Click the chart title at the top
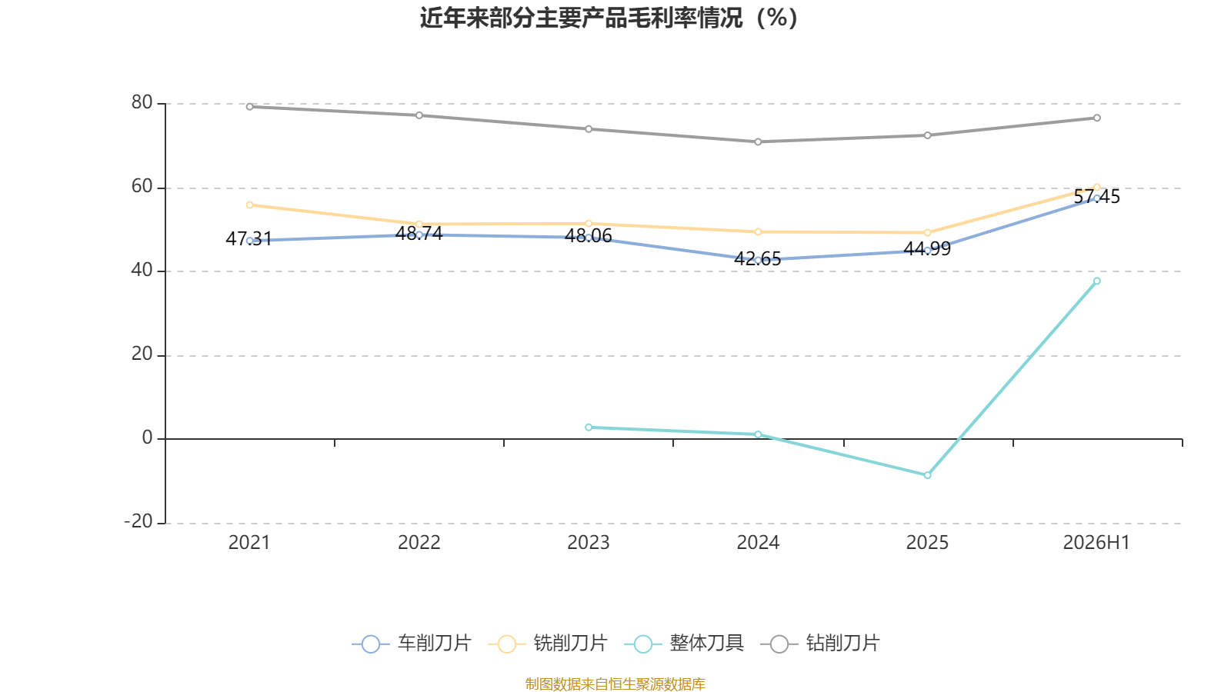[609, 18]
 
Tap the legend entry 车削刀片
[412, 643]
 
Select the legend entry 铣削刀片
[547, 643]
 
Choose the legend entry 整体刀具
[684, 643]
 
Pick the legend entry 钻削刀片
[820, 643]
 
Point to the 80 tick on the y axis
[142, 103]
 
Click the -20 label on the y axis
[138, 522]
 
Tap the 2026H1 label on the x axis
[1096, 543]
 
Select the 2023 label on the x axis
[588, 543]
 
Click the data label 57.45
[1096, 197]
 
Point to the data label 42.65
[757, 258]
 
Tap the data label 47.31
[249, 239]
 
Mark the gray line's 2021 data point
[250, 107]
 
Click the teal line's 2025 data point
[928, 475]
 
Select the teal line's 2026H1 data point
[1097, 281]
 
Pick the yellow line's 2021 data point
[250, 205]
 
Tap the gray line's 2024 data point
[758, 141]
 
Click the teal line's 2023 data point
[589, 428]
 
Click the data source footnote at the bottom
[615, 684]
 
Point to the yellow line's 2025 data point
[928, 233]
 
